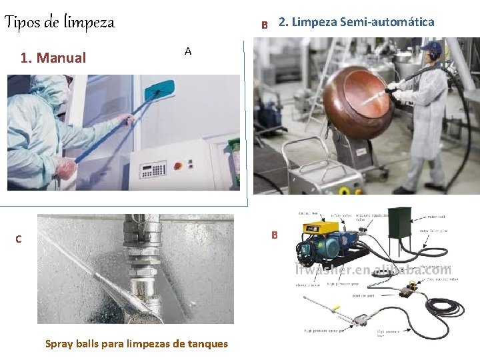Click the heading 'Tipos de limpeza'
click(60, 23)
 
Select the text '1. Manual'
click(53, 58)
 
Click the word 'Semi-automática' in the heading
click(387, 22)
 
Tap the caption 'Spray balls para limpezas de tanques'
click(136, 344)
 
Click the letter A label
click(188, 51)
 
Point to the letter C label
click(19, 239)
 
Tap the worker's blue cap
click(434, 47)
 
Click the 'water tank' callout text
click(435, 217)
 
